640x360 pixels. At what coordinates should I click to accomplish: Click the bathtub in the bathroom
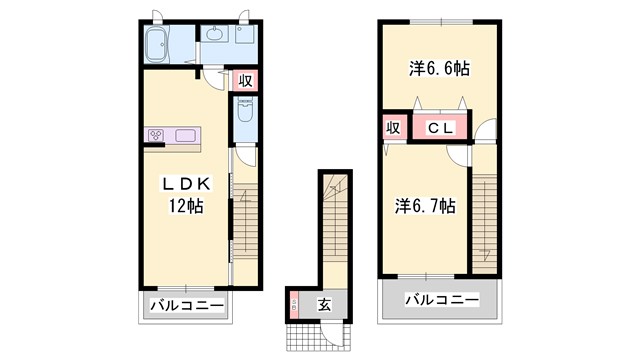pos(161,45)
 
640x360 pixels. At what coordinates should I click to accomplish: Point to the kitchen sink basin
pos(186,135)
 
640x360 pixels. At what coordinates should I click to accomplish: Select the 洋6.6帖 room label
pos(439,68)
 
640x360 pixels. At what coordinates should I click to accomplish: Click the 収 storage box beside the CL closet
pos(393,128)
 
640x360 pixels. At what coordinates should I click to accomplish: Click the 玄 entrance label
pos(326,304)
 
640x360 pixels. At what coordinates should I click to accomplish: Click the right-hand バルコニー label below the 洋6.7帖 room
pos(441,298)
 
